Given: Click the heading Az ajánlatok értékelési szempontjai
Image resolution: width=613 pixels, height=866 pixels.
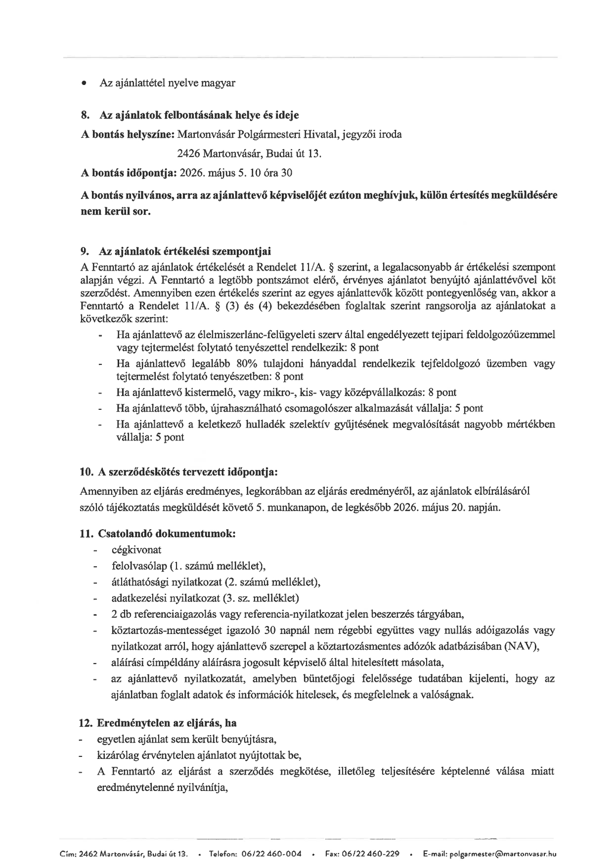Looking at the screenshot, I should point(185,251).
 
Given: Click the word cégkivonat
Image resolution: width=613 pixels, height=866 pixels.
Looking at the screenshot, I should point(136,550).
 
